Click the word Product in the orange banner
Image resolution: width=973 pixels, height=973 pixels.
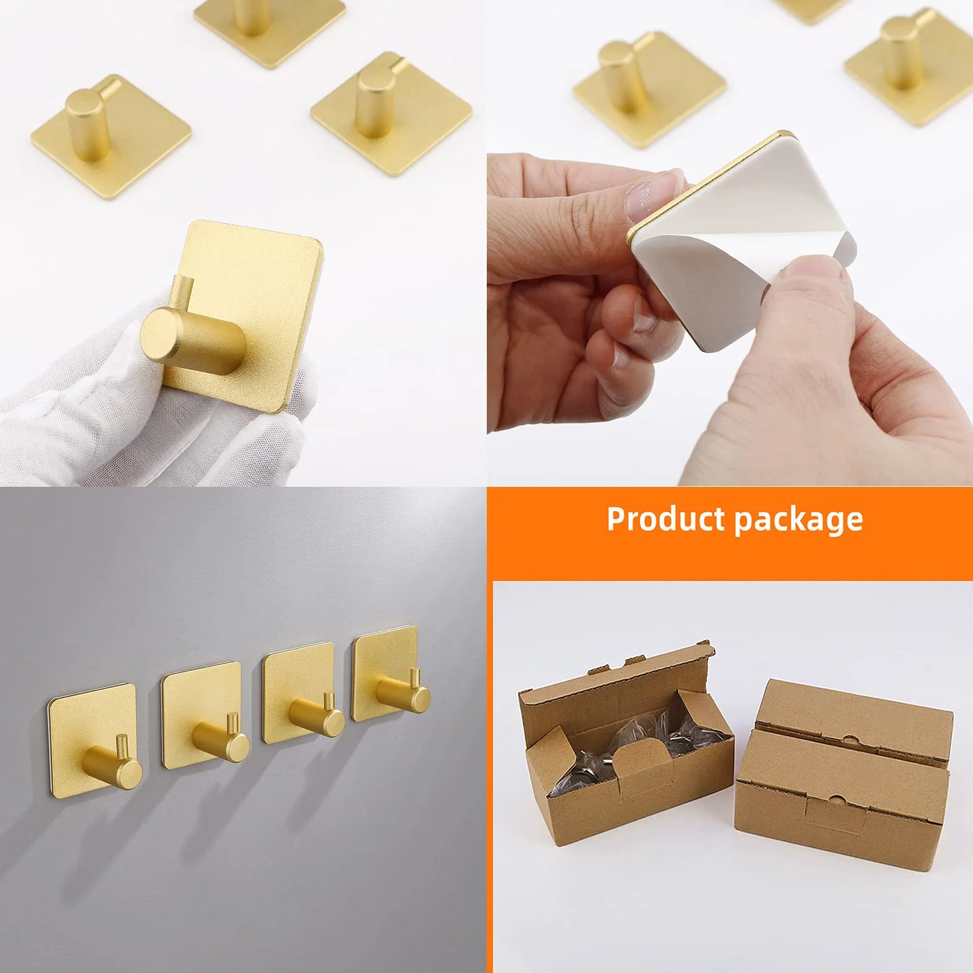[x=665, y=518]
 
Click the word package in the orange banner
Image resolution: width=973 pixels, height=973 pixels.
[x=799, y=520]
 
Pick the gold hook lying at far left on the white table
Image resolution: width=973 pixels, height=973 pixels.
[x=110, y=133]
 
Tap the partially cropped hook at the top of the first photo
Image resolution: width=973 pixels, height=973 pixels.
[x=270, y=25]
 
